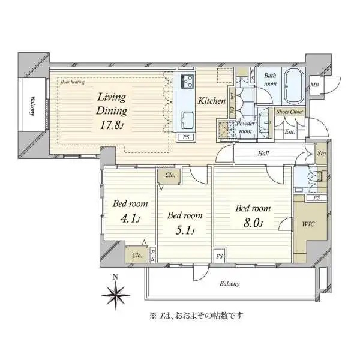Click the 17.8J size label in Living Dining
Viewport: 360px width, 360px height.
[x=112, y=125]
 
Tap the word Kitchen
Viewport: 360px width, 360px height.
[x=212, y=101]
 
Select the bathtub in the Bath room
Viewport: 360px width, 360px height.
[x=293, y=88]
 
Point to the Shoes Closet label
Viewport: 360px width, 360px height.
[x=290, y=112]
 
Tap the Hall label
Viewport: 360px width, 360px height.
[x=263, y=154]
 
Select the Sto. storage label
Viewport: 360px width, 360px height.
[x=322, y=154]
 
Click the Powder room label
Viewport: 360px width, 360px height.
[x=247, y=127]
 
